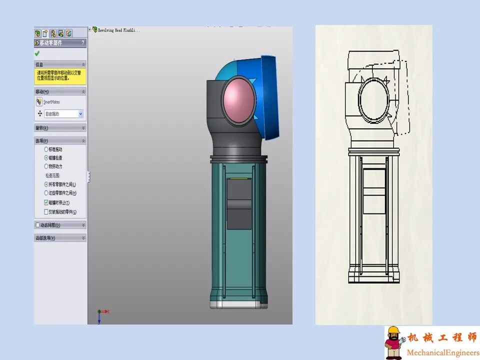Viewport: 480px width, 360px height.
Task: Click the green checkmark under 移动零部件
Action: click(37, 53)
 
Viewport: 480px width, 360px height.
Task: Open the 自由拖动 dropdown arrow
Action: click(80, 114)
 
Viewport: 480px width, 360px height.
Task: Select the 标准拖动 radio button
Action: click(46, 149)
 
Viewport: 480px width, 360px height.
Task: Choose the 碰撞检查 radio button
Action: click(46, 157)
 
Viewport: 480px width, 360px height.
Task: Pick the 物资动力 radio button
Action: click(46, 166)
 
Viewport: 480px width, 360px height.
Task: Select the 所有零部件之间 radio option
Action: click(46, 184)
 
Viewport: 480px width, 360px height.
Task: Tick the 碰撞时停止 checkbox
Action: click(46, 203)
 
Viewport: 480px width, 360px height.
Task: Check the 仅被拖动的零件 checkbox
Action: click(46, 212)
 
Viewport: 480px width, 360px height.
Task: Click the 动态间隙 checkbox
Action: click(38, 225)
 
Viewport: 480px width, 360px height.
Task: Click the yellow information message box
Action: click(60, 75)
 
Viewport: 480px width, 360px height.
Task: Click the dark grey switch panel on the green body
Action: click(239, 202)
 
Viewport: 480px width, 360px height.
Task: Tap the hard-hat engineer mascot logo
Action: click(394, 342)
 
